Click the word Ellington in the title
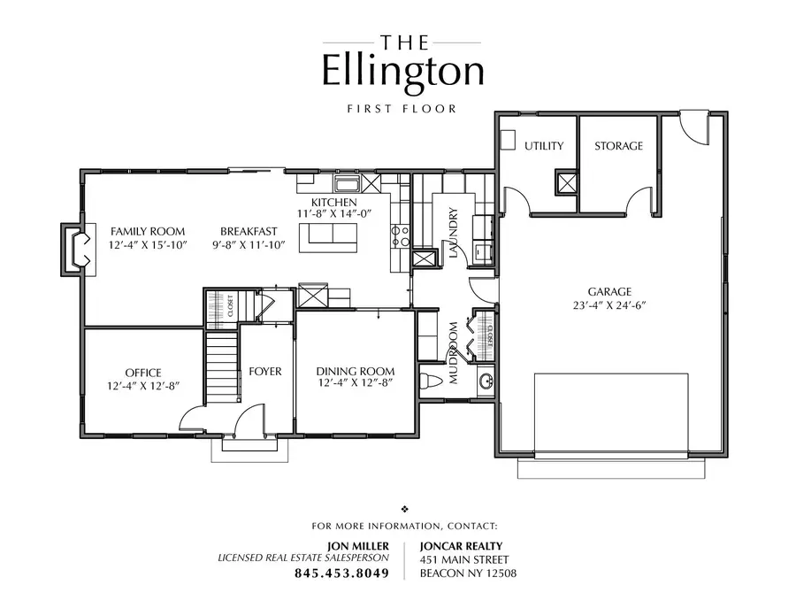coord(402,72)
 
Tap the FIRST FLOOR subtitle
coord(402,109)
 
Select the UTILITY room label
coord(543,146)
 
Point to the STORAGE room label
coord(618,146)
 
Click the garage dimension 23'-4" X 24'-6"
coord(610,305)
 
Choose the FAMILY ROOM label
coord(148,232)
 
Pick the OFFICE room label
coord(142,373)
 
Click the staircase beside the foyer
coord(222,367)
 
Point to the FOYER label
coord(264,372)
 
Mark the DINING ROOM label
coord(355,371)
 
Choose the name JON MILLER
coord(358,545)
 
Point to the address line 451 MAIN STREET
coord(464,559)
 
